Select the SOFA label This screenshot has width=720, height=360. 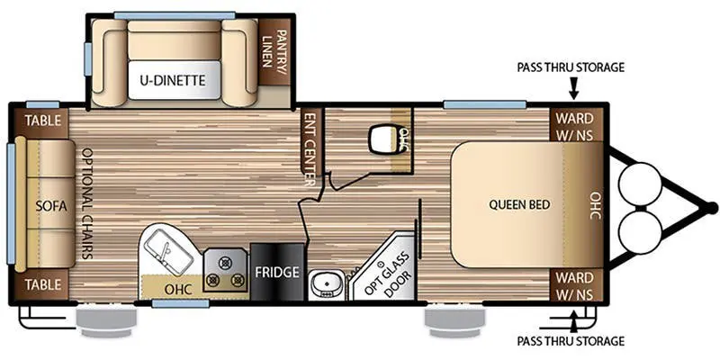(x=45, y=205)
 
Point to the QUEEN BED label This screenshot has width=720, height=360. (x=519, y=204)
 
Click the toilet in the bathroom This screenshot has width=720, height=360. (x=384, y=139)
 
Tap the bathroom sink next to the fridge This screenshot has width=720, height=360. (x=321, y=284)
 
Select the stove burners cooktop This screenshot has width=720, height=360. (x=225, y=269)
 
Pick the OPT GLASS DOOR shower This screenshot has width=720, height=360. (x=384, y=268)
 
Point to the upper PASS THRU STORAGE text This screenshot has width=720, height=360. (x=570, y=67)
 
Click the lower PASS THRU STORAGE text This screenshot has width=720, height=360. (x=570, y=341)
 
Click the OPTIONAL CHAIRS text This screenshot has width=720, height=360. (x=86, y=204)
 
